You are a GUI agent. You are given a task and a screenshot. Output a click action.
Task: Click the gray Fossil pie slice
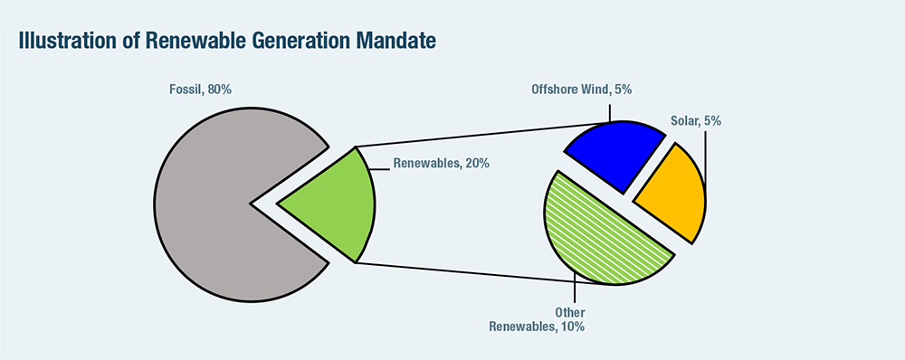click(219, 204)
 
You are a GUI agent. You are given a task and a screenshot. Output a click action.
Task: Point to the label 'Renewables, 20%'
click(442, 164)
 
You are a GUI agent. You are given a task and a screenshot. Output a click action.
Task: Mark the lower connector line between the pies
click(485, 274)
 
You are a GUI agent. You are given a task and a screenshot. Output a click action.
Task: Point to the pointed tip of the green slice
click(278, 204)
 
